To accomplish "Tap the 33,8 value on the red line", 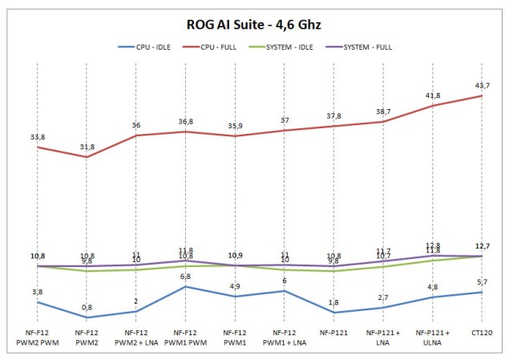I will pos(37,137).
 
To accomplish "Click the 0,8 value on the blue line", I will pos(87,307).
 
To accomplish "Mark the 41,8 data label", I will pos(434,95).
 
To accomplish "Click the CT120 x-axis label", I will pos(483,332).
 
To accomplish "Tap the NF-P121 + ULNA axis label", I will pos(434,336).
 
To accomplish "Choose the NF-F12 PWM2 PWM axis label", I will pos(37,336).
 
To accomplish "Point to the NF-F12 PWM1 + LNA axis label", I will pos(285,336).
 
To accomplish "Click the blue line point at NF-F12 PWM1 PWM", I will pos(185,286).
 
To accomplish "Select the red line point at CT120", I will pos(483,95).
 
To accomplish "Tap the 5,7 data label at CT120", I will pos(483,281).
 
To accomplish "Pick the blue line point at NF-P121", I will pos(333,312).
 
